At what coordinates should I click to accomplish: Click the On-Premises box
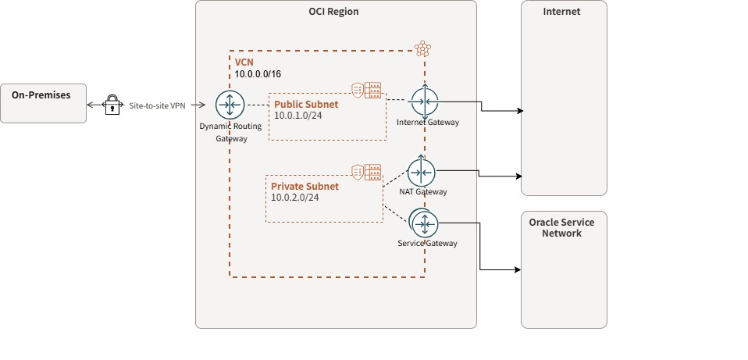pyautogui.click(x=43, y=103)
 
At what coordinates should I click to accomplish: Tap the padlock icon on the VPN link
pyautogui.click(x=112, y=105)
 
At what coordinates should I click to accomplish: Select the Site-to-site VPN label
pyautogui.click(x=158, y=105)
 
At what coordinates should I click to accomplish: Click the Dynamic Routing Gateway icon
pyautogui.click(x=230, y=105)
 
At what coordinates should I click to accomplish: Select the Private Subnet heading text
pyautogui.click(x=305, y=187)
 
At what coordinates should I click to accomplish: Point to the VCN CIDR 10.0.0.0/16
pyautogui.click(x=258, y=73)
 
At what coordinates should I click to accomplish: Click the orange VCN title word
pyautogui.click(x=244, y=62)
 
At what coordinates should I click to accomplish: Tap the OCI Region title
pyautogui.click(x=334, y=12)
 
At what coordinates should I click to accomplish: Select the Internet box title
pyautogui.click(x=562, y=12)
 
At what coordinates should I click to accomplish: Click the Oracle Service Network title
pyautogui.click(x=562, y=227)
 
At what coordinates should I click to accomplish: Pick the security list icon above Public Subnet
pyautogui.click(x=367, y=91)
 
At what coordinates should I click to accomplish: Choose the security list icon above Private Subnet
pyautogui.click(x=366, y=172)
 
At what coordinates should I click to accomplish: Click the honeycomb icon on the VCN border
pyautogui.click(x=422, y=48)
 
